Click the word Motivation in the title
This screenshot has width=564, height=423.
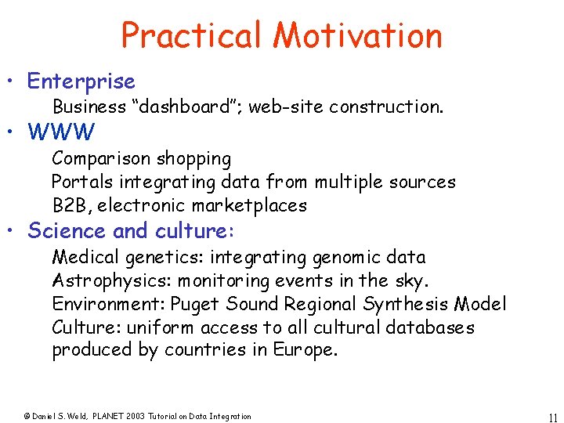point(358,35)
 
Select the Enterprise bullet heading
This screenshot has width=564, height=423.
point(81,81)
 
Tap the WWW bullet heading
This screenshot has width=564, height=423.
point(61,131)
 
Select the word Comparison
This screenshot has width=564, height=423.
point(102,159)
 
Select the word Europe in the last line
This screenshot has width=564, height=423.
point(305,350)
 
